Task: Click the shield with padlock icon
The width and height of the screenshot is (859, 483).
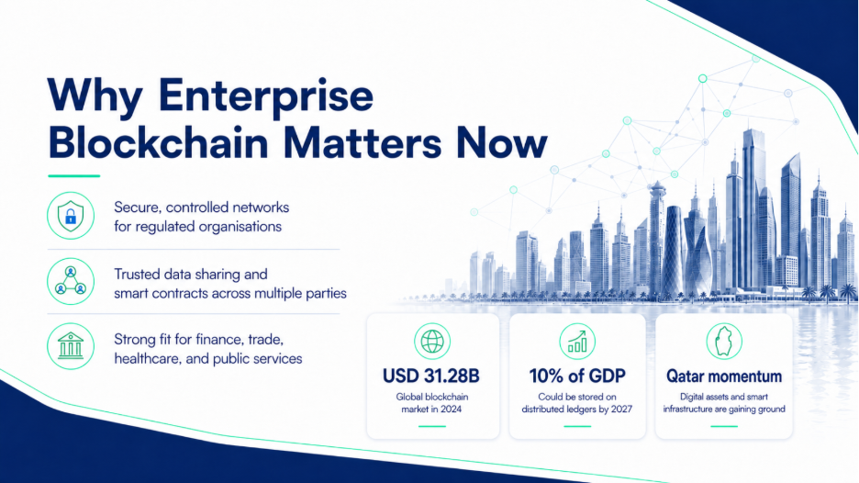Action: tap(71, 216)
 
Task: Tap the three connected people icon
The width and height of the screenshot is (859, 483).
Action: tap(71, 281)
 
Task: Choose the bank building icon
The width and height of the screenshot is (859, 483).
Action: tap(71, 346)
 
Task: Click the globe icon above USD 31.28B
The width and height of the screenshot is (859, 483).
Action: tap(432, 341)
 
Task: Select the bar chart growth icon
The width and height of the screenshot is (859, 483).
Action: tap(577, 341)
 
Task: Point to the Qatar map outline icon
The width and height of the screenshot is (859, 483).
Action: tap(724, 341)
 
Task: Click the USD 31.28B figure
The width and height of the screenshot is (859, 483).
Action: tap(431, 376)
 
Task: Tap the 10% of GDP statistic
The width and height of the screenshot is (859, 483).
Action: tap(577, 376)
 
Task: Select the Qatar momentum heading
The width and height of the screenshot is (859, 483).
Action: tap(724, 376)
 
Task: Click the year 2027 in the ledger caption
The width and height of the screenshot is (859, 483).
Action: tap(621, 409)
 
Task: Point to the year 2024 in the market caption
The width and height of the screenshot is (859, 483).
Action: tap(451, 409)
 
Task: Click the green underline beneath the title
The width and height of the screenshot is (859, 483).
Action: tap(74, 176)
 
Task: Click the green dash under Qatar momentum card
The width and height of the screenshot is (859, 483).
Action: tap(724, 426)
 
